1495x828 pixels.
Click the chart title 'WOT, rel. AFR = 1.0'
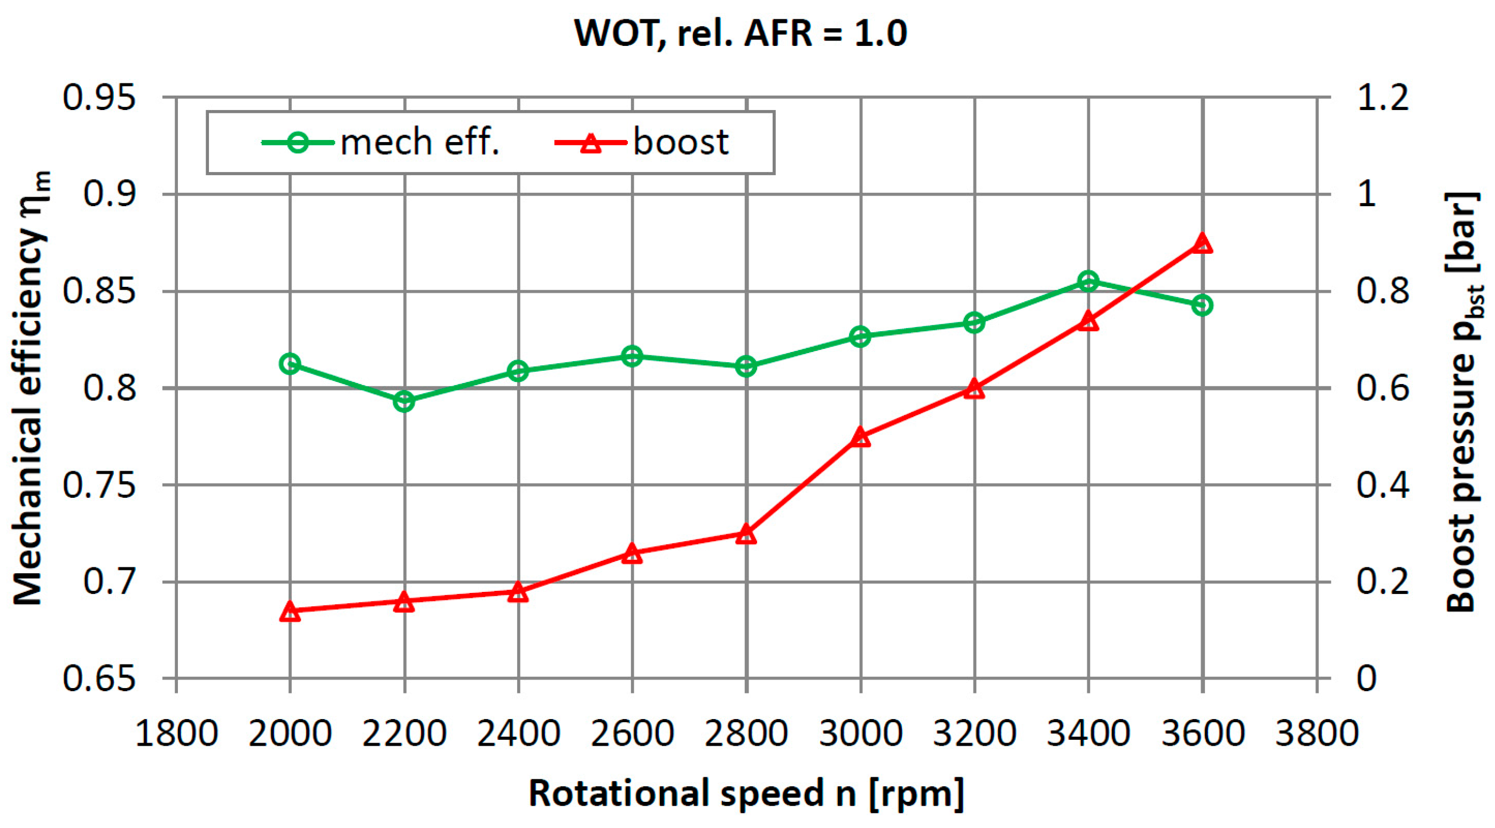[741, 33]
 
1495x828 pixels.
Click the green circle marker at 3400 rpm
[1088, 282]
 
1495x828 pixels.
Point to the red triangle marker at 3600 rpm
[1202, 244]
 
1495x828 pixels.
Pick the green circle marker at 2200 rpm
[404, 401]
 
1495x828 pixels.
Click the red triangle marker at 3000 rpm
[861, 438]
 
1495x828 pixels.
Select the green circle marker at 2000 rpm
[290, 364]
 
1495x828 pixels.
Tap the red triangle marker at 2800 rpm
[746, 534]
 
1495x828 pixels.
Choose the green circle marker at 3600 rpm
[1202, 305]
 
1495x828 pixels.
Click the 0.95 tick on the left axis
[99, 97]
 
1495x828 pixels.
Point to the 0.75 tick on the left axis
[99, 485]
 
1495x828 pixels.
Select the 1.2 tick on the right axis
[1382, 97]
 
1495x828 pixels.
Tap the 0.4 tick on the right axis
[1382, 485]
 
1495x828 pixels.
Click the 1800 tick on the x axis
[176, 733]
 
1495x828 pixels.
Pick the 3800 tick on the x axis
[1316, 733]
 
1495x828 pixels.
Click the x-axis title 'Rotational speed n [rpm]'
[746, 793]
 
